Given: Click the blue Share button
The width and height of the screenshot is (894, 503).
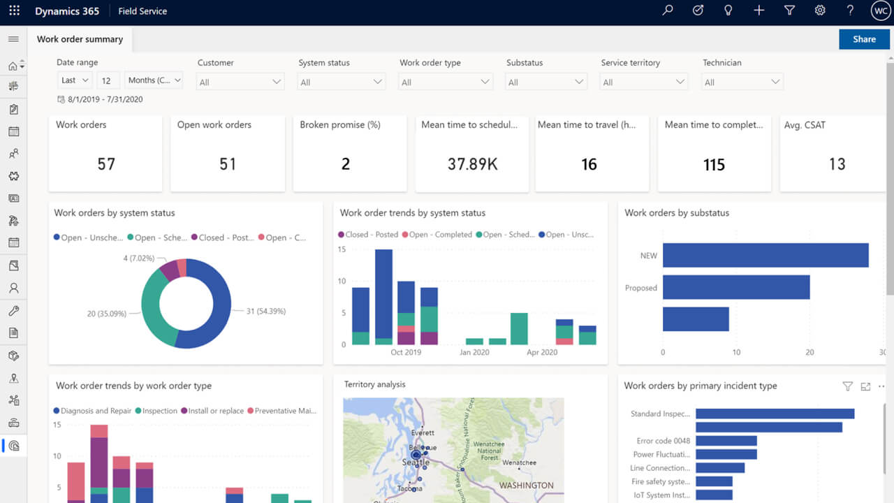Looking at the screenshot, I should tap(864, 39).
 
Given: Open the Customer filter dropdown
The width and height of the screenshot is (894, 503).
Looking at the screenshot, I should tap(240, 82).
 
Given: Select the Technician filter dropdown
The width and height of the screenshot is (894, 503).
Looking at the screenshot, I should tap(742, 82).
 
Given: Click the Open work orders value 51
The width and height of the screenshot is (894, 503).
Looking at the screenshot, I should tap(228, 164).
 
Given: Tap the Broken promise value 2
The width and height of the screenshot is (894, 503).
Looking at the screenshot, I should tap(346, 164).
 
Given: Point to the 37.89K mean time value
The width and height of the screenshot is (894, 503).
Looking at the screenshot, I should tap(472, 164).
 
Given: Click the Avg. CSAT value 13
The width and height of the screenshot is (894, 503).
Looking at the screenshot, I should tap(837, 164).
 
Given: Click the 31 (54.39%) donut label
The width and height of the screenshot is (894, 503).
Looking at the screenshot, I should tap(266, 311).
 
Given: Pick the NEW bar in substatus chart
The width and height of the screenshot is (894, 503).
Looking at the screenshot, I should tap(765, 255).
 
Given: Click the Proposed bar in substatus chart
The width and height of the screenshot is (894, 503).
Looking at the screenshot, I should tap(735, 287).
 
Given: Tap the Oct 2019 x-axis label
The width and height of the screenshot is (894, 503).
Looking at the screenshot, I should tap(406, 352).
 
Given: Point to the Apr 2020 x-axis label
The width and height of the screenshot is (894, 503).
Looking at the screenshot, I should tap(541, 352).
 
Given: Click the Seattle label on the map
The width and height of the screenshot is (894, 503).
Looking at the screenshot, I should tap(416, 462).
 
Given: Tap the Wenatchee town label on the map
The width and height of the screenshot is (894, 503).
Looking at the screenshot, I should tap(519, 462).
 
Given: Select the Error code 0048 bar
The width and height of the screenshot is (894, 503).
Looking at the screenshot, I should tap(726, 441).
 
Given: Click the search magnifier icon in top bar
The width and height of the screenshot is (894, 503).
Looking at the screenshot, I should tap(668, 10).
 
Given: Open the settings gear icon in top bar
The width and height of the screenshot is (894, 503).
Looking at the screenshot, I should tap(820, 10).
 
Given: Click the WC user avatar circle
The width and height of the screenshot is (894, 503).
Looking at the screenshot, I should tap(880, 10).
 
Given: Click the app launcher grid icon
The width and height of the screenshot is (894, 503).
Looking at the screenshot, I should tap(14, 11).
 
